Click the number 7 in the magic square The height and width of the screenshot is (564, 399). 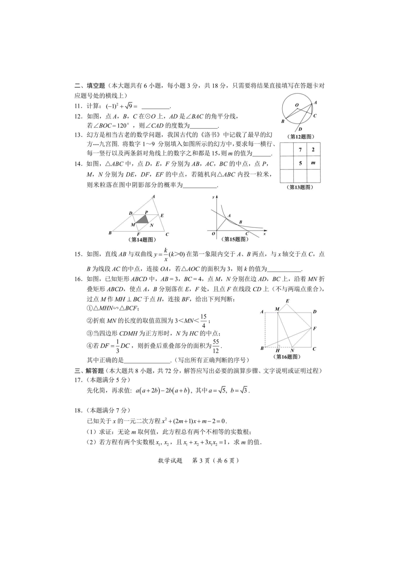click(x=300, y=150)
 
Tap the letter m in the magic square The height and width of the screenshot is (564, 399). click(x=313, y=163)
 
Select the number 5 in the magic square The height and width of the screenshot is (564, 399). click(x=300, y=163)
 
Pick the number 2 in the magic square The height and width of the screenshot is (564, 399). click(x=313, y=150)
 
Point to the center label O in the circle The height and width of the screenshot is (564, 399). click(x=296, y=105)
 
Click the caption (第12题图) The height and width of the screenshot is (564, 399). click(x=300, y=137)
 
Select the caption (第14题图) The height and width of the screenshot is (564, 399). click(x=142, y=240)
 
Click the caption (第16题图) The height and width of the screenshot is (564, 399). click(x=287, y=357)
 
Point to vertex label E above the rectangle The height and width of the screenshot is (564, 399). click(x=287, y=301)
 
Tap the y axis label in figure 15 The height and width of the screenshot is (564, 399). click(x=213, y=197)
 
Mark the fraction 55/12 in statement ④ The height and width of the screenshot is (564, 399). click(x=216, y=346)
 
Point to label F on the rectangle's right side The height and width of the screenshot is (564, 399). click(x=314, y=328)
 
